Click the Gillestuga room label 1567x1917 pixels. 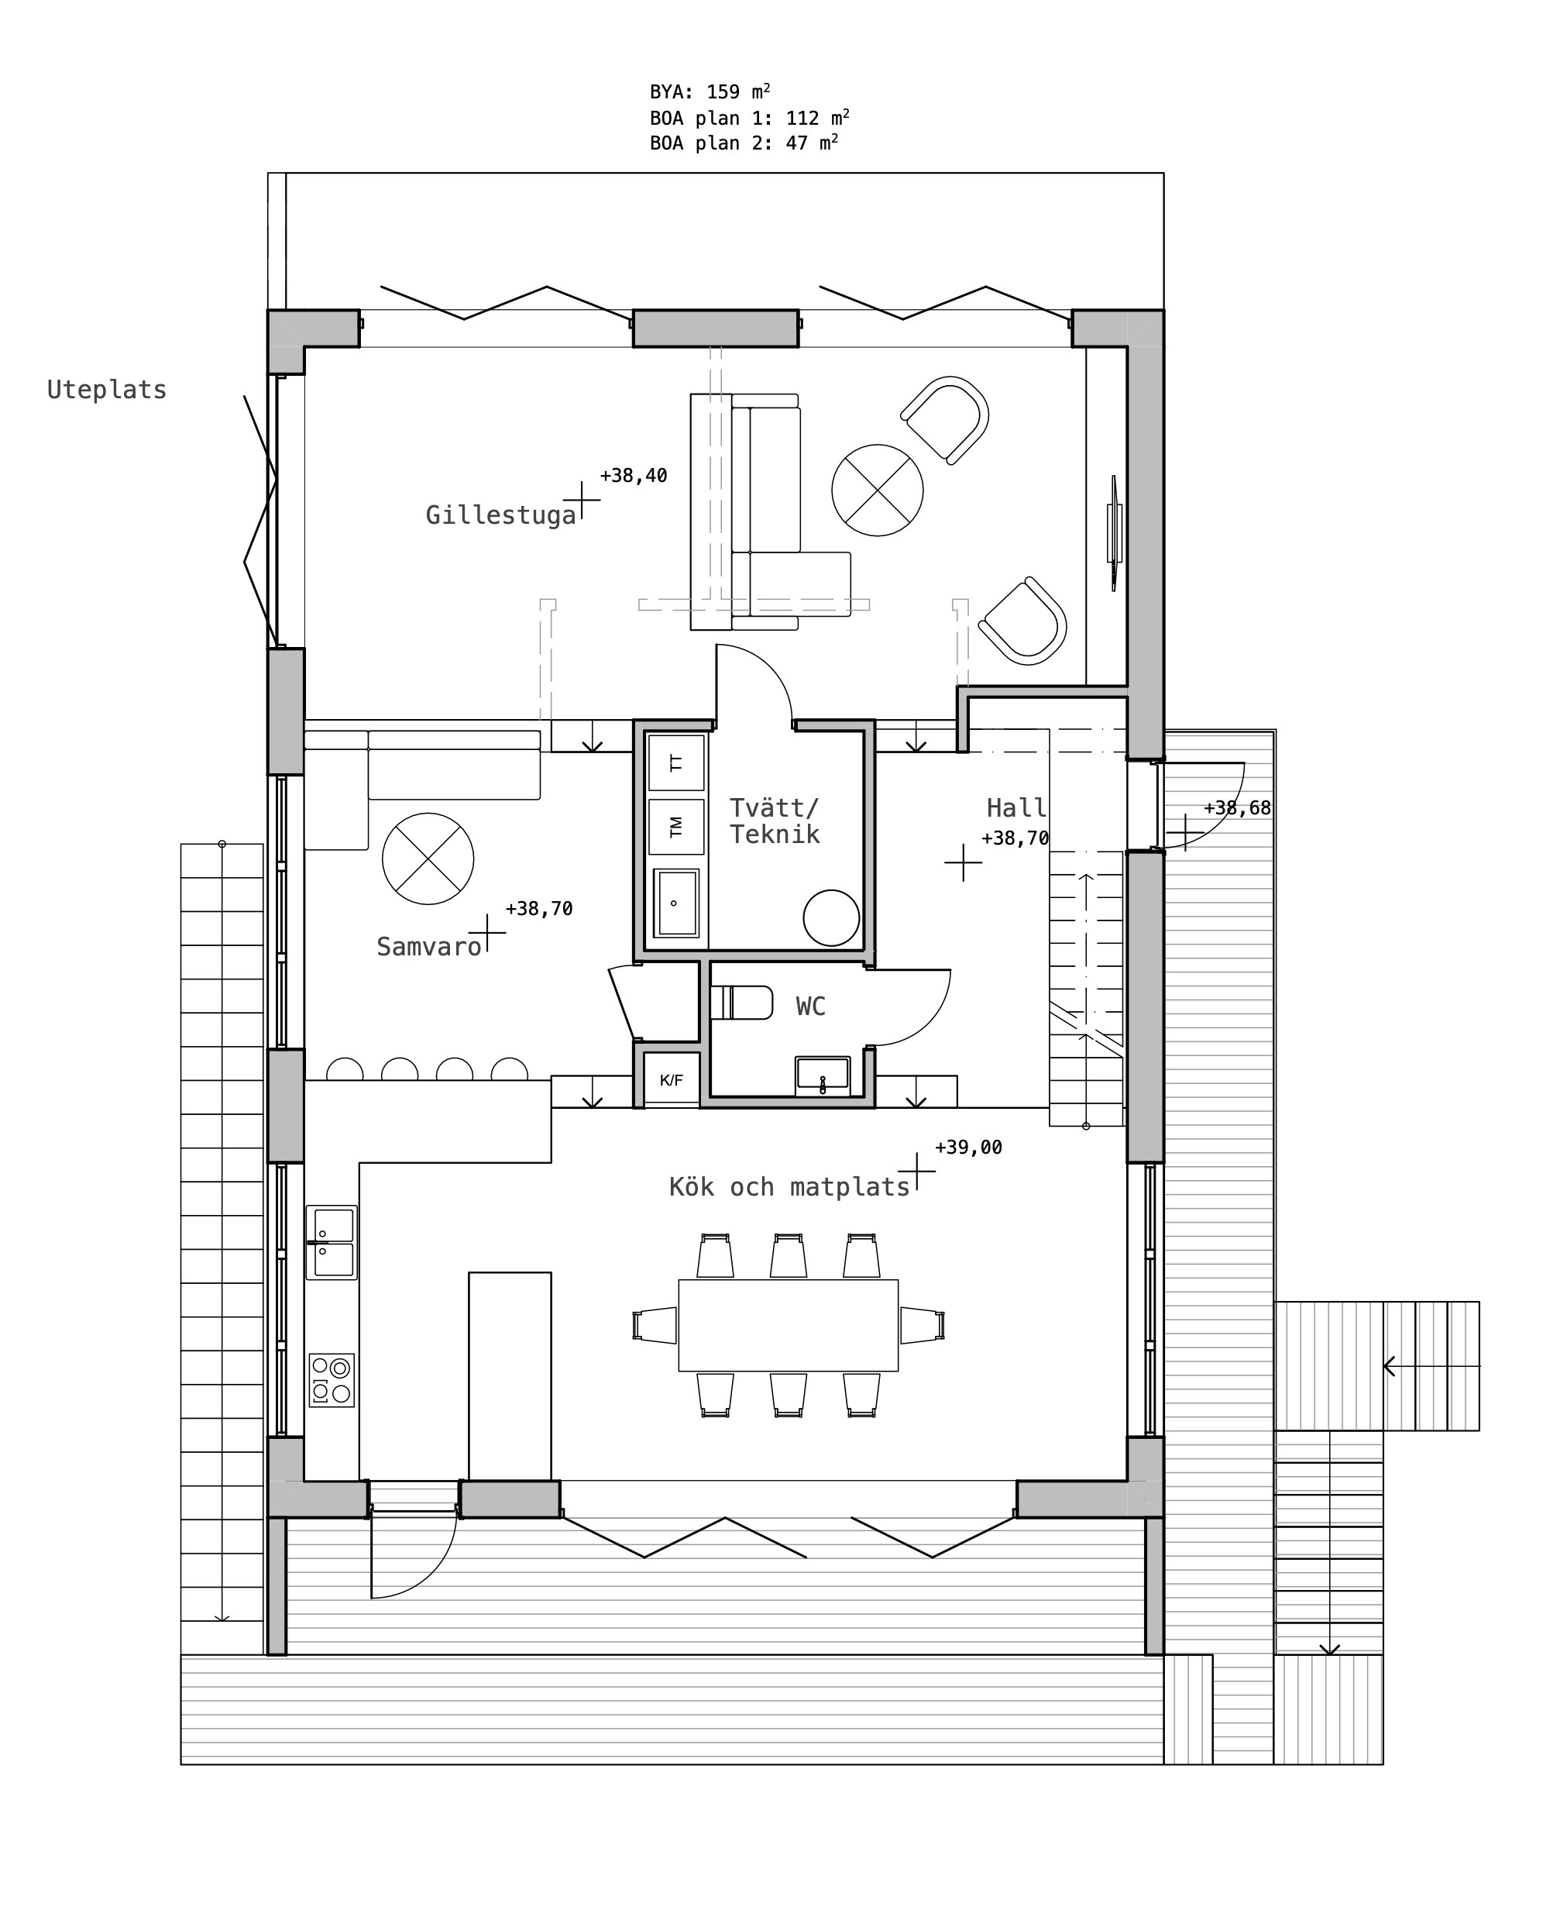[501, 515]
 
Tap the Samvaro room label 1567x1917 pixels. [429, 946]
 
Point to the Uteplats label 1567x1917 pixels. [107, 390]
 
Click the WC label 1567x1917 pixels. [810, 1006]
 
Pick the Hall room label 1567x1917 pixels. [1016, 807]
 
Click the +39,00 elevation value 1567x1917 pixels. [968, 1147]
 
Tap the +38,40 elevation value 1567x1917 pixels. [634, 475]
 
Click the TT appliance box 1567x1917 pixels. [676, 763]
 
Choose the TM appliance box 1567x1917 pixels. [676, 827]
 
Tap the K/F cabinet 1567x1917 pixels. [671, 1079]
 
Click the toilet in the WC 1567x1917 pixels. [741, 1003]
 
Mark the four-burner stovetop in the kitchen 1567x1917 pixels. [332, 1380]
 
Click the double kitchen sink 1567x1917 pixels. [332, 1242]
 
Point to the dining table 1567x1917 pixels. [788, 1326]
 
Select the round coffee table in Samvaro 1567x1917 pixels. [428, 859]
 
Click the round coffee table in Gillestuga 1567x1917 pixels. [878, 490]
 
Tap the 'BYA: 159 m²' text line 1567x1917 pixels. [710, 91]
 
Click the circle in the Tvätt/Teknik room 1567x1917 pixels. [831, 918]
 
